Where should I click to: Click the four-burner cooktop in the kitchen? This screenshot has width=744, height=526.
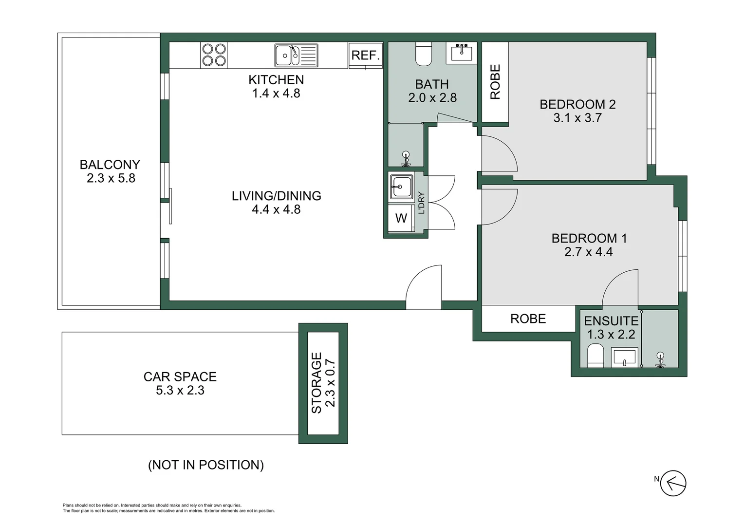click(x=214, y=55)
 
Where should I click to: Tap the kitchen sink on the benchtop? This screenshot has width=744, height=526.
click(x=296, y=55)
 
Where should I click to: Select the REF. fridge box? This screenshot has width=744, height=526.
click(x=365, y=55)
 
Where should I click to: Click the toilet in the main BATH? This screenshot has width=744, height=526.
click(x=423, y=54)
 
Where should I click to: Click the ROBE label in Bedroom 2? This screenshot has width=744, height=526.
click(x=495, y=82)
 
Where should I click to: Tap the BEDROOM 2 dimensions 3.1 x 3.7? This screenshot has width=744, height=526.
click(x=577, y=118)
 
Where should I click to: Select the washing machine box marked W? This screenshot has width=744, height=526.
click(x=401, y=218)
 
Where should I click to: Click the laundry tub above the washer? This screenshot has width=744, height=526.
click(x=401, y=187)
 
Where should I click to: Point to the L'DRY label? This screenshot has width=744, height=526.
click(x=421, y=203)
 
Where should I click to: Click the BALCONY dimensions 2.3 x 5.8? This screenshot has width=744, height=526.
click(x=111, y=178)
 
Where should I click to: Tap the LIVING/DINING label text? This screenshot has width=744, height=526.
click(x=276, y=196)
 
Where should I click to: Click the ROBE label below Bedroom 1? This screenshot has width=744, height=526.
click(x=528, y=319)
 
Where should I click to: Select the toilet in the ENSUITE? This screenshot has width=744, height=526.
click(x=595, y=356)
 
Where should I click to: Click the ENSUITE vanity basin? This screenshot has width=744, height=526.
click(x=624, y=357)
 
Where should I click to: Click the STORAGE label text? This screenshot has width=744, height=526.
click(x=316, y=383)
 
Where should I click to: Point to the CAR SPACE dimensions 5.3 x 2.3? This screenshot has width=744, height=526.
click(x=180, y=391)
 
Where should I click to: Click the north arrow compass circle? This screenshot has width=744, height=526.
click(x=673, y=484)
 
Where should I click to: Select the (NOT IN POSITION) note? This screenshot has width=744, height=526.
click(x=205, y=465)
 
